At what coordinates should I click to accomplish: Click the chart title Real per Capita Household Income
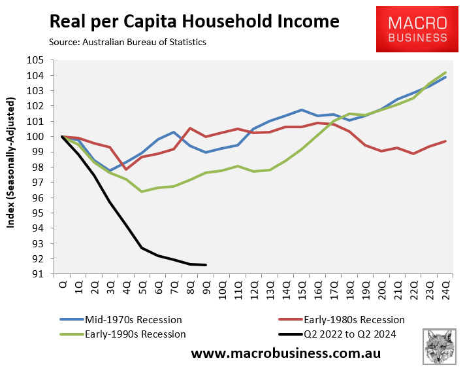194,21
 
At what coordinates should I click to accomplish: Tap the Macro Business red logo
418,29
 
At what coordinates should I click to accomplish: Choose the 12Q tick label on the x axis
254,289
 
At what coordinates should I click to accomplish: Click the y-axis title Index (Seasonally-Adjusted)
11,163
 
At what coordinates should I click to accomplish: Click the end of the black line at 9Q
206,265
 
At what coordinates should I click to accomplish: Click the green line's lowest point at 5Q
142,192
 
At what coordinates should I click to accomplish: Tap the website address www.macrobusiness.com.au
285,353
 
